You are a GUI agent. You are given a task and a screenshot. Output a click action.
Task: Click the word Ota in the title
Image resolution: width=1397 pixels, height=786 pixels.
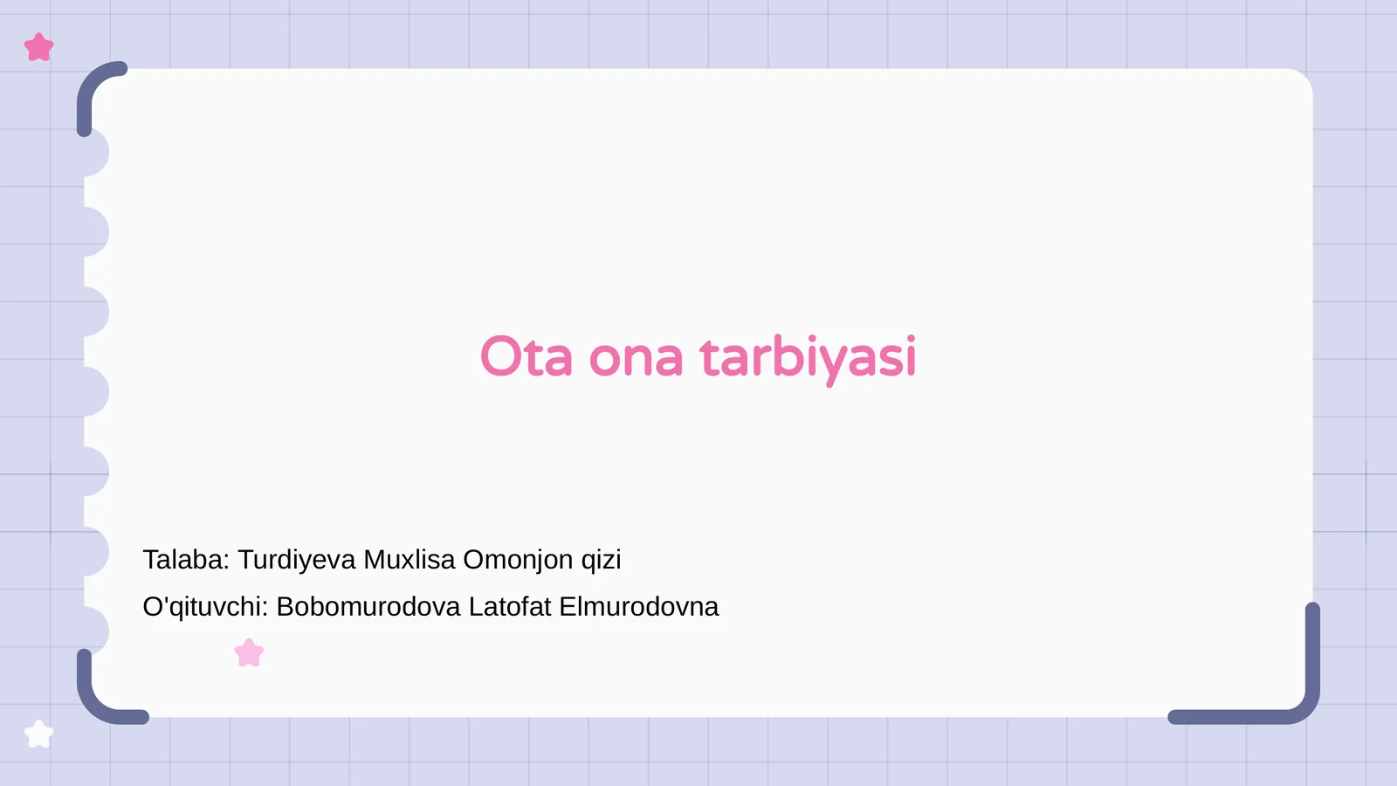[526, 357]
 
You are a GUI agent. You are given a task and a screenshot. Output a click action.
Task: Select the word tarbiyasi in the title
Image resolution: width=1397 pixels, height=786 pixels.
[808, 357]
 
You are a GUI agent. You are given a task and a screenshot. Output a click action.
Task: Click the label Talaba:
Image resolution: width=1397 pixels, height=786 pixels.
[186, 560]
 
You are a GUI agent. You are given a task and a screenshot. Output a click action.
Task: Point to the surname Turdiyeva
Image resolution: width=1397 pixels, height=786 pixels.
[297, 560]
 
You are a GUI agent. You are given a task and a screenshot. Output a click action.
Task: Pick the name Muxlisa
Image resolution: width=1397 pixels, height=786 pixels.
[409, 560]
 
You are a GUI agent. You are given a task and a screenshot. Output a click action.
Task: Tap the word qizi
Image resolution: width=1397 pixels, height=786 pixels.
[602, 560]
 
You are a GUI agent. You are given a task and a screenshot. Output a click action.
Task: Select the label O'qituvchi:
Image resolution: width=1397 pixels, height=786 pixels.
[205, 607]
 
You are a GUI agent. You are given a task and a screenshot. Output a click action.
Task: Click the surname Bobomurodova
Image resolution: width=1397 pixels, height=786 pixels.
[368, 607]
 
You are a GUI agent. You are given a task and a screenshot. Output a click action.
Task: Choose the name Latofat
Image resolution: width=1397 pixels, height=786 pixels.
[510, 607]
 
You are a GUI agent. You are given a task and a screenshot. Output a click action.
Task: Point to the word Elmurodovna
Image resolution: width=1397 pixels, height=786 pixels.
[639, 607]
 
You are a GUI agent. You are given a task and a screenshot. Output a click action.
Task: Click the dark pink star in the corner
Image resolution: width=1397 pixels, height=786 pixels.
[39, 47]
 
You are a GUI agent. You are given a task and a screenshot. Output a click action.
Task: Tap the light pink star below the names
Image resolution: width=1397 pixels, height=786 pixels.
[249, 653]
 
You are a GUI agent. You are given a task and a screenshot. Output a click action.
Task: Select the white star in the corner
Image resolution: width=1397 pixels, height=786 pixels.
[38, 734]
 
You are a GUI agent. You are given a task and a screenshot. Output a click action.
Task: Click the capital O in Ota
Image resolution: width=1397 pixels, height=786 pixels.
[500, 356]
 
